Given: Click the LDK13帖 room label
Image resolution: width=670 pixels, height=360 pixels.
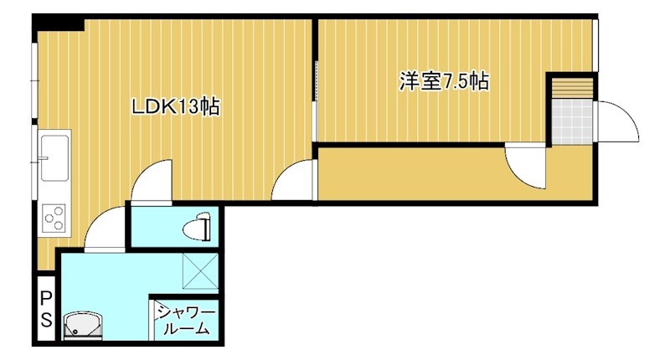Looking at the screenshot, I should (x=175, y=106).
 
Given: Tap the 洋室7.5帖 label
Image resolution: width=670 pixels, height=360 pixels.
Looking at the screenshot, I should (x=444, y=82).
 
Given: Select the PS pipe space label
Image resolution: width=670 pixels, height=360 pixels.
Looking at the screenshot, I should (x=47, y=310).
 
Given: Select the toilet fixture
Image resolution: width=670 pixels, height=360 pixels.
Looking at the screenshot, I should (x=200, y=225).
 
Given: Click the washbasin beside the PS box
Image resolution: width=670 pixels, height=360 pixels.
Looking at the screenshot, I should (x=82, y=326).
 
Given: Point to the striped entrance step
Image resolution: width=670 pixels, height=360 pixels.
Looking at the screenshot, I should (x=572, y=86).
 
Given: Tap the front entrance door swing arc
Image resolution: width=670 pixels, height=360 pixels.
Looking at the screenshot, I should (x=618, y=121).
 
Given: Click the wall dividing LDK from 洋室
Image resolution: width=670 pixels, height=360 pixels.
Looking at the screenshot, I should (x=315, y=75).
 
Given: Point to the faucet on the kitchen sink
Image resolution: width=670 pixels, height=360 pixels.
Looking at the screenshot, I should (x=44, y=157).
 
